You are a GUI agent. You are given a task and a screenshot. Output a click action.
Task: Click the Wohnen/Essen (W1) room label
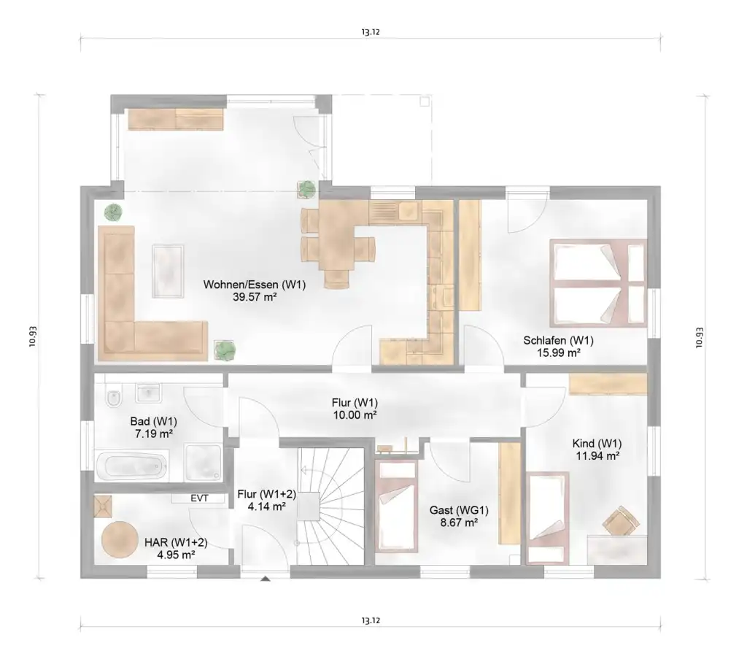click(x=255, y=285)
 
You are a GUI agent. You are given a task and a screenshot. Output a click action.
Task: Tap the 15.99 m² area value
click(x=558, y=353)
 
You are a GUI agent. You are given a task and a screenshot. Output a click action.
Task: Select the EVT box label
click(x=200, y=498)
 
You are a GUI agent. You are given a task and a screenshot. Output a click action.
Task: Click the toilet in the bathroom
click(x=114, y=397)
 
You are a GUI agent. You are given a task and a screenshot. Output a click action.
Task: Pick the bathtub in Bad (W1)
click(x=132, y=466)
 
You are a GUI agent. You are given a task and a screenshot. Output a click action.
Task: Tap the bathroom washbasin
click(x=148, y=393)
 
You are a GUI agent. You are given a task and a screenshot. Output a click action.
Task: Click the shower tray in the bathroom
click(x=204, y=462)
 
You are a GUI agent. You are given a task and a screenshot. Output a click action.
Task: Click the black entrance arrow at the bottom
click(x=266, y=579)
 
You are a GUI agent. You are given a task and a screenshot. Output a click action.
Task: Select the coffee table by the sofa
click(x=168, y=271)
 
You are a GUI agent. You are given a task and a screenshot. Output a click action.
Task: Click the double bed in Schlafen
click(x=598, y=283)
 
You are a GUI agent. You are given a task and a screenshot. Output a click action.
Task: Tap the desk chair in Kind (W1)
click(x=620, y=521)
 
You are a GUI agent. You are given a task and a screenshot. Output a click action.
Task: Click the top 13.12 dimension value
click(x=370, y=32)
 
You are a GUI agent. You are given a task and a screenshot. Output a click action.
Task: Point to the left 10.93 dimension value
click(x=32, y=336)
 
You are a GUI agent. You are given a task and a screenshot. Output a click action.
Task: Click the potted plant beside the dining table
click(x=307, y=189)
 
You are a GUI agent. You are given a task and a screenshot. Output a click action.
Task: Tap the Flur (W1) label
click(x=355, y=403)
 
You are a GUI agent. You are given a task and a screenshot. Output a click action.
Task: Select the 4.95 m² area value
click(x=176, y=555)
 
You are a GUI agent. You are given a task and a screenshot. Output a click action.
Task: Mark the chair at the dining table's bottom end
click(x=336, y=279)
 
